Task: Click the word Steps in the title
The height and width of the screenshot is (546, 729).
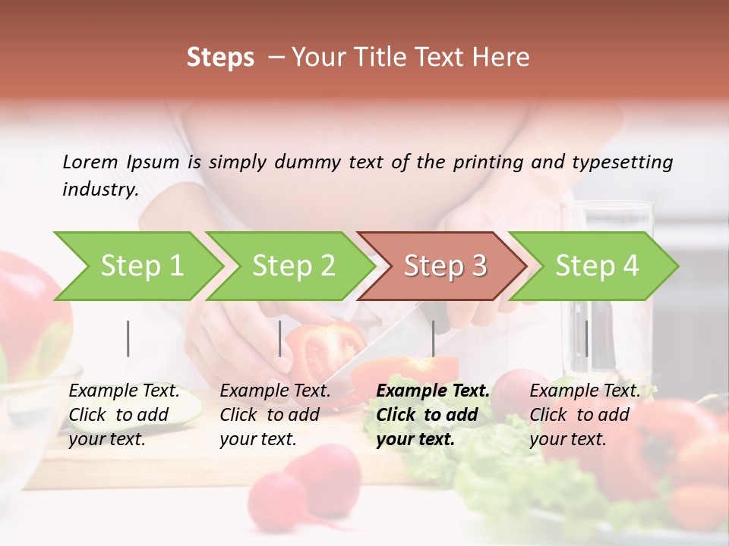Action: (220, 58)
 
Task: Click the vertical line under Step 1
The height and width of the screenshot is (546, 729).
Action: (128, 338)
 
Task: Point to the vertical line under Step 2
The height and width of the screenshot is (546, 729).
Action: (280, 338)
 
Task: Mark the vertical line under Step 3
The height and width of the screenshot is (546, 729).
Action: (434, 338)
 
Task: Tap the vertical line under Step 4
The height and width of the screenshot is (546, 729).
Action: (586, 338)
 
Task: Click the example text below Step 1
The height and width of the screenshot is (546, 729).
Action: (124, 415)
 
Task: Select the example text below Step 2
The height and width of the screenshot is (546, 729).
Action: (275, 415)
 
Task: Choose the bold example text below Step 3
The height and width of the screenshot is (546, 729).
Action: (433, 415)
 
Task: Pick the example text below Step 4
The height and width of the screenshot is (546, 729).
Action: (585, 415)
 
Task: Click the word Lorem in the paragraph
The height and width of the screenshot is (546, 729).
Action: (90, 162)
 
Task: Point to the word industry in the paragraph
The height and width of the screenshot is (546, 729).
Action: (100, 190)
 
